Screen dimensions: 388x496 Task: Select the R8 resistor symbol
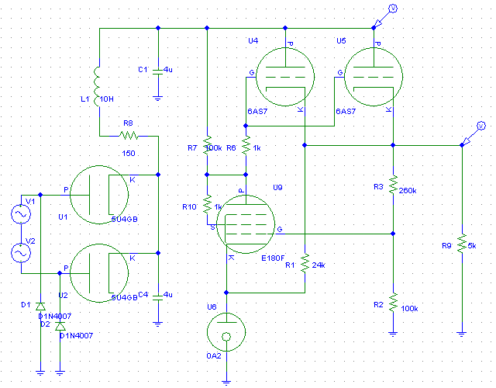(x=129, y=135)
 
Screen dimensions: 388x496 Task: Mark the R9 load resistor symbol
(x=461, y=243)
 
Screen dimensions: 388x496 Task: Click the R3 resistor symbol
(x=393, y=185)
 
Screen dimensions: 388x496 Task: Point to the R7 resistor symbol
(x=207, y=146)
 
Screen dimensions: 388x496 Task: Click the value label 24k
(x=319, y=265)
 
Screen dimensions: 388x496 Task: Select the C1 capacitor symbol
(x=157, y=71)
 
